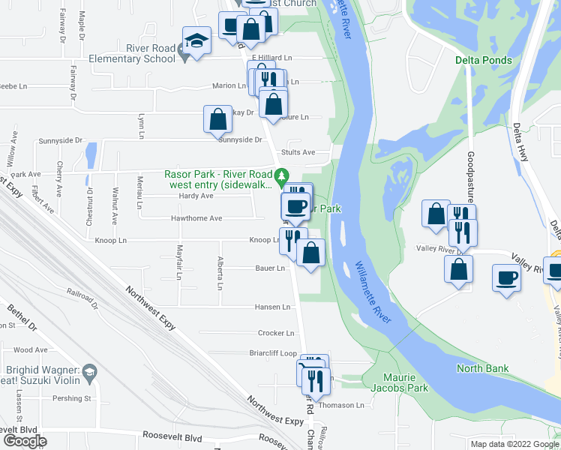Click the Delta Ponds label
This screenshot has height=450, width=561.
point(483,60)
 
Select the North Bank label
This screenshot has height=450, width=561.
point(483,368)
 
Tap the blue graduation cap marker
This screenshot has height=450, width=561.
point(196,41)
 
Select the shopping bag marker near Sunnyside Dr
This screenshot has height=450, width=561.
point(217,119)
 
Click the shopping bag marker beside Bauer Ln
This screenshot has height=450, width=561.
point(310,252)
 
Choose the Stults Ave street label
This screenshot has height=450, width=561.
point(298,152)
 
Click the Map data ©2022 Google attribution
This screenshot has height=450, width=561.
point(514,444)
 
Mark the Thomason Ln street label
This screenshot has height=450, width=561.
point(341,405)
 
